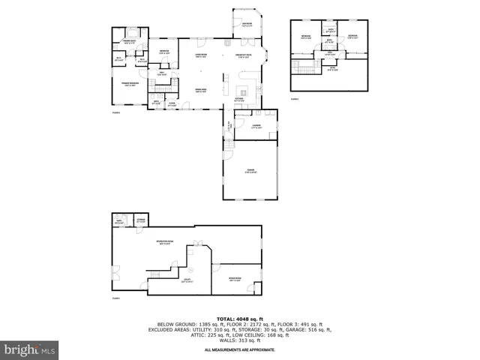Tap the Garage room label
250,170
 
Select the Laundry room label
256,127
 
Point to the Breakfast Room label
244,54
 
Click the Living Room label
202,54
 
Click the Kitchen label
239,97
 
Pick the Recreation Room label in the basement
163,241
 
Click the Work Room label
235,279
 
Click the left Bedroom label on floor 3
306,37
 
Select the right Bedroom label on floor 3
352,37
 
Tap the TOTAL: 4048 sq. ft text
240,319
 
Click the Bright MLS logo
29,349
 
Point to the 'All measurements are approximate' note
240,349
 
